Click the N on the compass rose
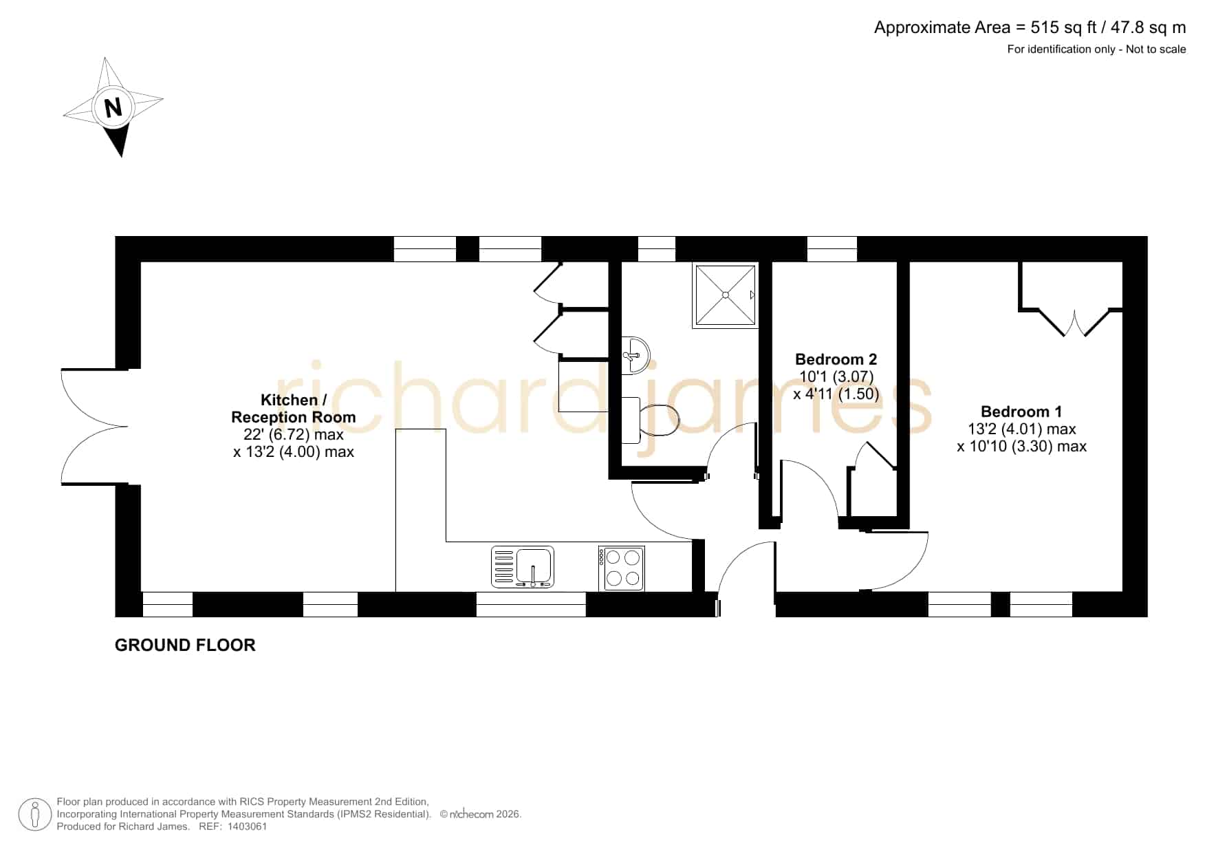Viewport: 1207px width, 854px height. click(113, 107)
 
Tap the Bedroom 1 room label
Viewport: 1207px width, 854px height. click(1021, 412)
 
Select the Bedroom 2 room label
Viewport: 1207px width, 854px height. click(836, 359)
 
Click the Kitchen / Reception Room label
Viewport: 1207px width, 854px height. click(294, 408)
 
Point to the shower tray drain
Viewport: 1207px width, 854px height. click(725, 295)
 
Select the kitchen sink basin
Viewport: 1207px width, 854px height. click(534, 565)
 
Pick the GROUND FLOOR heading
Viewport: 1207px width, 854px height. click(185, 645)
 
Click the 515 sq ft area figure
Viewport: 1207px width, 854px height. click(1063, 28)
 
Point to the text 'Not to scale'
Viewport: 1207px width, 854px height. click(1156, 49)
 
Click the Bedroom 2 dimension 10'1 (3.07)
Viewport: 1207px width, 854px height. click(836, 377)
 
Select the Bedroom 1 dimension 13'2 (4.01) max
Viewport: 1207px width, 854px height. click(1022, 429)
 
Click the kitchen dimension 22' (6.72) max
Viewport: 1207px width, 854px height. click(294, 434)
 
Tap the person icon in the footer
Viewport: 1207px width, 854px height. click(35, 815)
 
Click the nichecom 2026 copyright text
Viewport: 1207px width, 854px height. click(481, 814)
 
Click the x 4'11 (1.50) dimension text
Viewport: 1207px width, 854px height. click(836, 394)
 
